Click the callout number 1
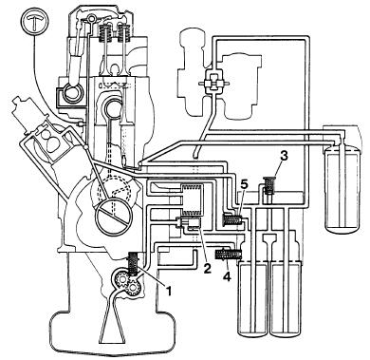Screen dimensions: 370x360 [169, 291]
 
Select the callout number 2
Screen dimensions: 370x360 [207, 269]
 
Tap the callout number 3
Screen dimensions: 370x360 [285, 156]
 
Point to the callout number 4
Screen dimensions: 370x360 [227, 276]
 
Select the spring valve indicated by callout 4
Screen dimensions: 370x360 [229, 255]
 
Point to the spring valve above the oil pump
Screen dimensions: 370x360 [133, 262]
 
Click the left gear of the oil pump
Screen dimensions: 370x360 [120, 279]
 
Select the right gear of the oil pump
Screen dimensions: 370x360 [133, 287]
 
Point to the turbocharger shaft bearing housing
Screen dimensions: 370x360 [213, 83]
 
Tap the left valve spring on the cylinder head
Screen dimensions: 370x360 [104, 34]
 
